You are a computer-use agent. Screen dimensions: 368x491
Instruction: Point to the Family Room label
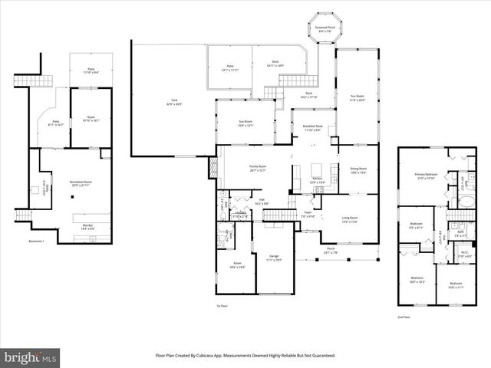click(x=258, y=169)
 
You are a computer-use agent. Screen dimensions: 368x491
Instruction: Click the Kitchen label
click(x=318, y=180)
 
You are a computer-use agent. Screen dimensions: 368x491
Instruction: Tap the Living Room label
click(x=350, y=220)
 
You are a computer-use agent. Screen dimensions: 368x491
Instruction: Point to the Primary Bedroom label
click(x=426, y=176)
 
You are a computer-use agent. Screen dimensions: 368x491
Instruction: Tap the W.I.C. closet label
click(x=465, y=255)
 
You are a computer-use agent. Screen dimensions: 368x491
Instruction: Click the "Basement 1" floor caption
click(x=36, y=242)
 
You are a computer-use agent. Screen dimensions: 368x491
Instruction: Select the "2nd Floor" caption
click(x=404, y=316)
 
